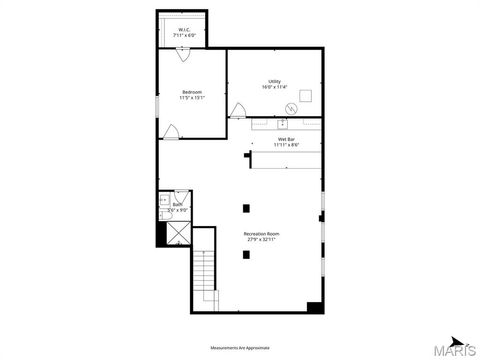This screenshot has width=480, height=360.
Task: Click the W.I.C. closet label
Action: tap(184, 30)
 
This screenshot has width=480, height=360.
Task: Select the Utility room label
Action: tap(274, 81)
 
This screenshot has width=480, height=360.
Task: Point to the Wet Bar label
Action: tap(287, 139)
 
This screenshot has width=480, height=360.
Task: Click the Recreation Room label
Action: tap(261, 234)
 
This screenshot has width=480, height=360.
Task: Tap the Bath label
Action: tap(178, 204)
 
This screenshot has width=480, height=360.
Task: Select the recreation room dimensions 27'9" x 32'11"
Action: tap(261, 240)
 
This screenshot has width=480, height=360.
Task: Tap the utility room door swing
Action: tap(238, 111)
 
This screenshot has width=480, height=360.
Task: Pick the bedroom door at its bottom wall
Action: tap(172, 131)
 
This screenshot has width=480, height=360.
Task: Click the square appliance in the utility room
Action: tap(305, 97)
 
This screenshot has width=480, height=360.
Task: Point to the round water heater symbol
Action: tap(291, 107)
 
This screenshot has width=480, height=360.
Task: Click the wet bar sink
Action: tap(281, 123)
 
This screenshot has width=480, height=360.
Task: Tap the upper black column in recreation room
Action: tap(246, 208)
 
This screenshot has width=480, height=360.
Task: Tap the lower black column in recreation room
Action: tap(246, 254)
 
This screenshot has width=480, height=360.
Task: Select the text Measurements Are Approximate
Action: tap(240, 348)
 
